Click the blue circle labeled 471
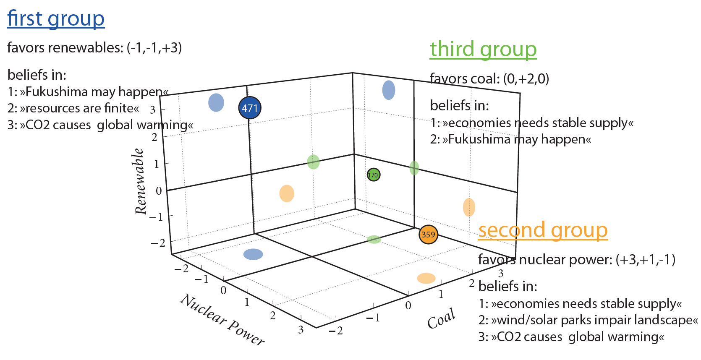[250, 108]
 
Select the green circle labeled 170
[373, 175]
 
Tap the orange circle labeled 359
[428, 234]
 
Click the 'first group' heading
[56, 19]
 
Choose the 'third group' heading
[483, 49]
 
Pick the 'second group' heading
[543, 230]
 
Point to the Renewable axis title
[140, 181]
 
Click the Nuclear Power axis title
[222, 320]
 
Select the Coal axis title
[441, 318]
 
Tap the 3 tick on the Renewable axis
[153, 110]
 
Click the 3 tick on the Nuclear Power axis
[301, 330]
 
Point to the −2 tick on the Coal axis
[336, 331]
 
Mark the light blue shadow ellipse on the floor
[253, 254]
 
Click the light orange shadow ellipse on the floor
[426, 278]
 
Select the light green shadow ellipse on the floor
[374, 240]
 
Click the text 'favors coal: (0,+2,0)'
[489, 78]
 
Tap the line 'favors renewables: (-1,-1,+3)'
[94, 48]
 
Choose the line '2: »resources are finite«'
[73, 108]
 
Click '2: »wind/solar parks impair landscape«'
[588, 320]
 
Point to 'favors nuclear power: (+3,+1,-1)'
[577, 260]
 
